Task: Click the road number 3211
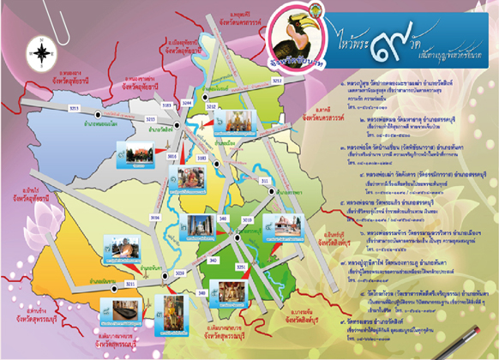pyautogui.click(x=131, y=284)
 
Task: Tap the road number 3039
pyautogui.click(x=179, y=273)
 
